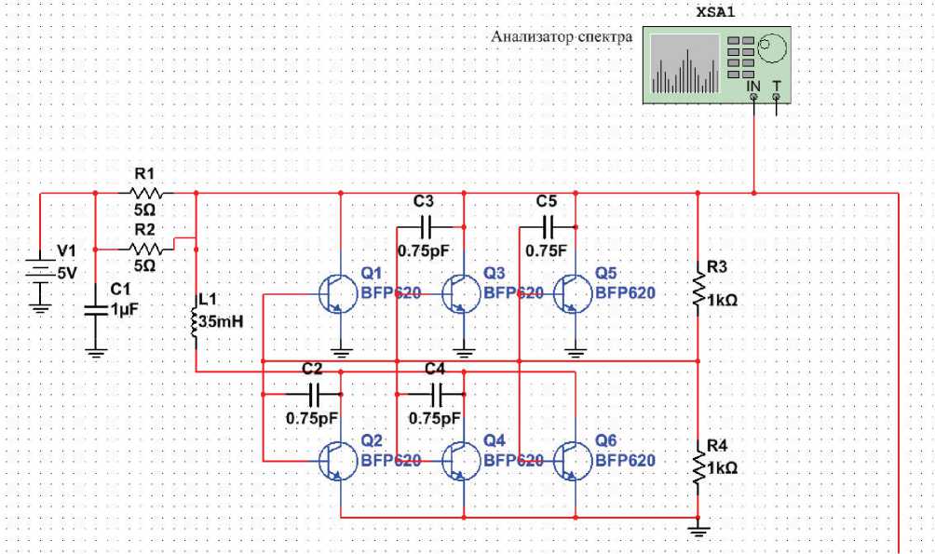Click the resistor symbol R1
(x=146, y=194)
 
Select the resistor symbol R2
(x=146, y=249)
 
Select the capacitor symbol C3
(x=427, y=226)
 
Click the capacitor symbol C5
(x=549, y=226)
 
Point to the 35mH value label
(x=221, y=323)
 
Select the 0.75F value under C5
(x=545, y=250)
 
